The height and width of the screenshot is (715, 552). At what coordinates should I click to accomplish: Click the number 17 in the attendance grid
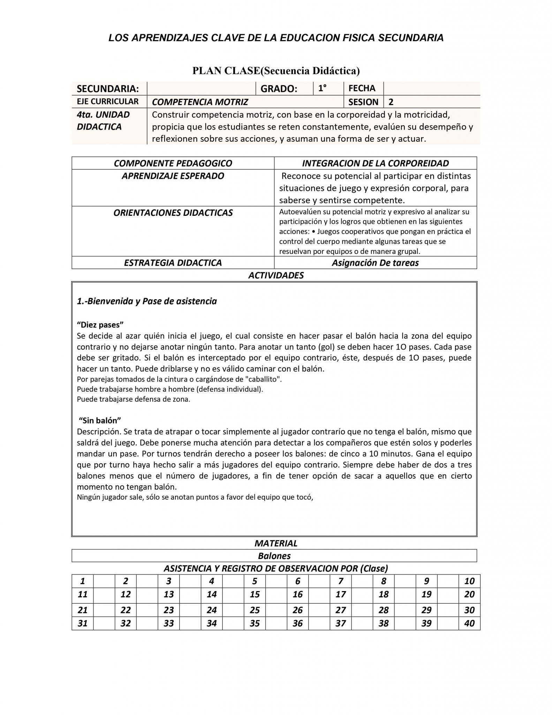tap(340, 594)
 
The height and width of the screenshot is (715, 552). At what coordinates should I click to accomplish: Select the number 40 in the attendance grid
tap(469, 623)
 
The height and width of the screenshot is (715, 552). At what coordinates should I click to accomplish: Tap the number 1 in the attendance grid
tap(83, 581)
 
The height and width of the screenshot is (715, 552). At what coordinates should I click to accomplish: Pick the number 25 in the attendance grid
tap(255, 610)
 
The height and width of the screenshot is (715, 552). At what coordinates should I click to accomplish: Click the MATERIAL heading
tap(276, 543)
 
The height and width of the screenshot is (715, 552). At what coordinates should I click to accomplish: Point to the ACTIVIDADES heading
tap(276, 275)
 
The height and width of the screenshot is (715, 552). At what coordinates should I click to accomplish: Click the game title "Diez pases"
tap(100, 325)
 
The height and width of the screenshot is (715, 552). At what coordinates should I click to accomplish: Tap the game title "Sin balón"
tap(100, 420)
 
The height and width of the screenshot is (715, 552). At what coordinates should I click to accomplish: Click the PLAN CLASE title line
tap(276, 71)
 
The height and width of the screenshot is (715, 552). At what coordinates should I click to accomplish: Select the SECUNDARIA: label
tap(108, 89)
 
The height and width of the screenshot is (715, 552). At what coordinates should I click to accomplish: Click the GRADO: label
tap(279, 89)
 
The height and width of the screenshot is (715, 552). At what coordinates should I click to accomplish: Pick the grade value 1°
tap(322, 88)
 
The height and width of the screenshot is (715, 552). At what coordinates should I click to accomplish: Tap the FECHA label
tap(362, 88)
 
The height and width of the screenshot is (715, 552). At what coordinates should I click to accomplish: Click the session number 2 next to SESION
tap(391, 102)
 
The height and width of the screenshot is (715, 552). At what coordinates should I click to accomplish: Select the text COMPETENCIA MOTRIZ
tap(200, 102)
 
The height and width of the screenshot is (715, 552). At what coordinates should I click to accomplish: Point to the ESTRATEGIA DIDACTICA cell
tap(173, 263)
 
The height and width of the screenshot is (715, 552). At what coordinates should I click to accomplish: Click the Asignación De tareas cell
tap(375, 263)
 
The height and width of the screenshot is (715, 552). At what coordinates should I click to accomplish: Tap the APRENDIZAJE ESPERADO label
tap(173, 176)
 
